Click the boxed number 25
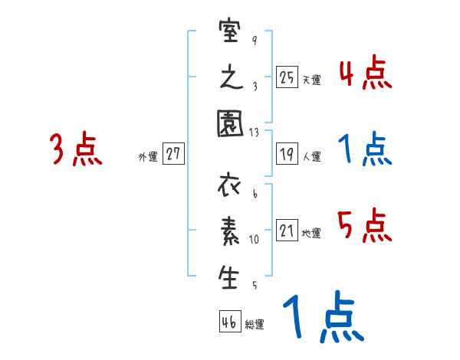tap(287, 77)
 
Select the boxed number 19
tap(287, 154)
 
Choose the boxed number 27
tap(173, 154)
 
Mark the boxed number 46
tap(229, 322)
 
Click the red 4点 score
tap(364, 74)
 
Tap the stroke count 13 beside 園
tap(255, 132)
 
